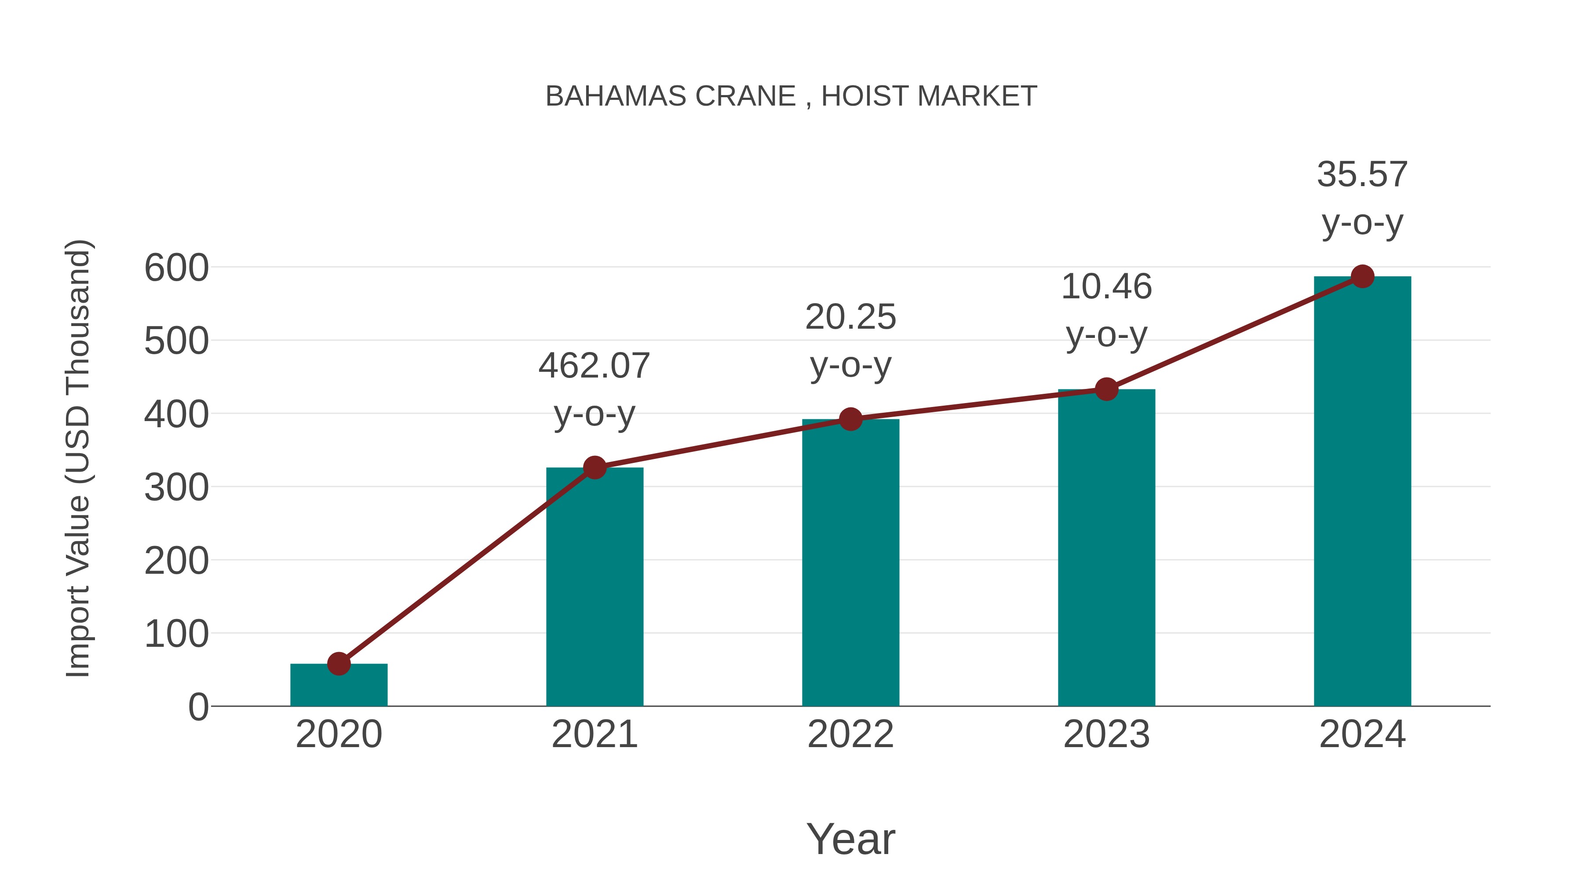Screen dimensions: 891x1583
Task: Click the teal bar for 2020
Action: (339, 685)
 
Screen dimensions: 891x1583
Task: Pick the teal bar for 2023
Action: (1106, 547)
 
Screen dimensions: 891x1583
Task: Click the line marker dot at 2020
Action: (339, 664)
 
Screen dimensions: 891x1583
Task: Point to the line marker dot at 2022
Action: (850, 419)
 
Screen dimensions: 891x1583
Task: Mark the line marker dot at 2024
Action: (1362, 277)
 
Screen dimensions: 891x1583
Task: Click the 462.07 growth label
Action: (594, 367)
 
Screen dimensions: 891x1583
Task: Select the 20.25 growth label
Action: (850, 317)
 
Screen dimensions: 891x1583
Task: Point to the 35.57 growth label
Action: (1362, 175)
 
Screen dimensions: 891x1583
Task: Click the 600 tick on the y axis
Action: (176, 269)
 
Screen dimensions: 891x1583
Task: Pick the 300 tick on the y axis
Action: (176, 488)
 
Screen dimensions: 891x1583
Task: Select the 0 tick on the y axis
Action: (198, 707)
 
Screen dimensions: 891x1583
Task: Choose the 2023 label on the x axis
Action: (1106, 735)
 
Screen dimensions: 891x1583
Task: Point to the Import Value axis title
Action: (79, 458)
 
